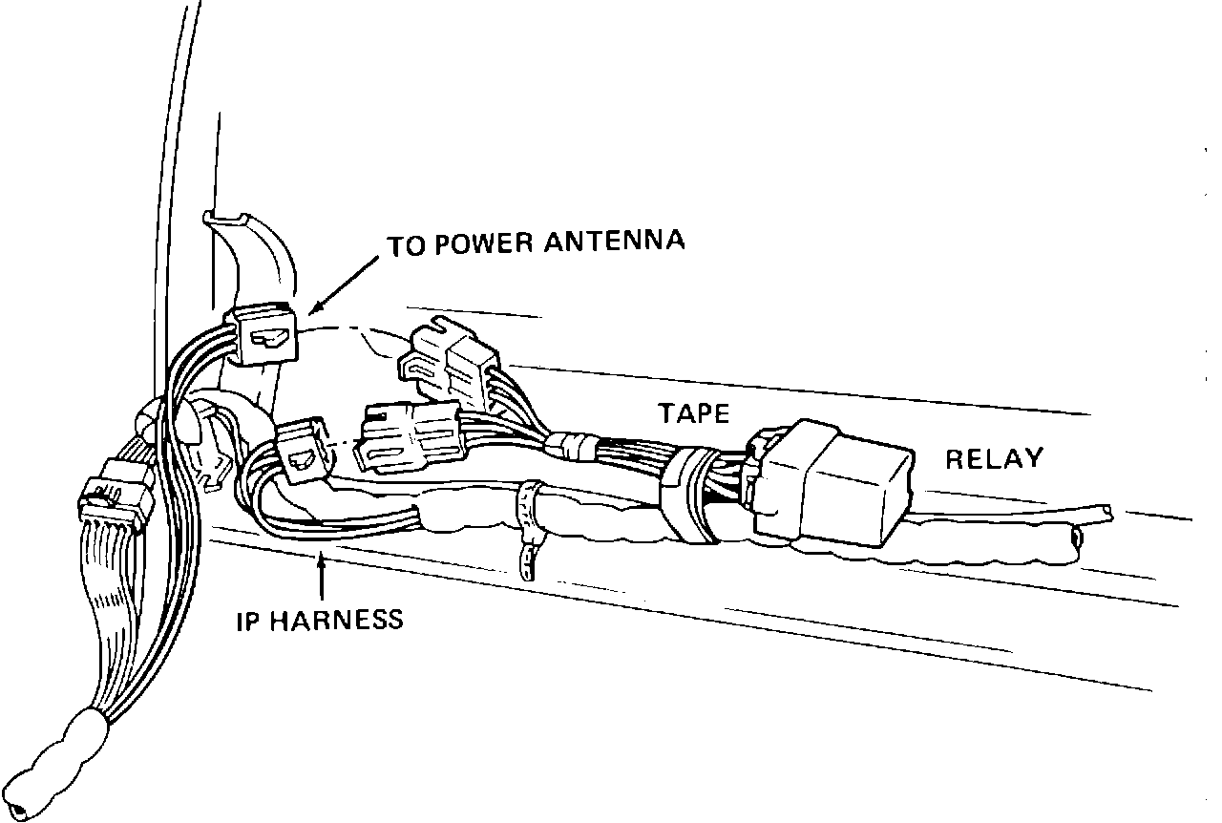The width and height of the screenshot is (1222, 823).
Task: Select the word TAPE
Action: pyautogui.click(x=693, y=413)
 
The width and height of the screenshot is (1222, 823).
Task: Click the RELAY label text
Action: pyautogui.click(x=994, y=458)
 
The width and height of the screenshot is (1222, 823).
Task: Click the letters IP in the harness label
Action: pyautogui.click(x=247, y=621)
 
